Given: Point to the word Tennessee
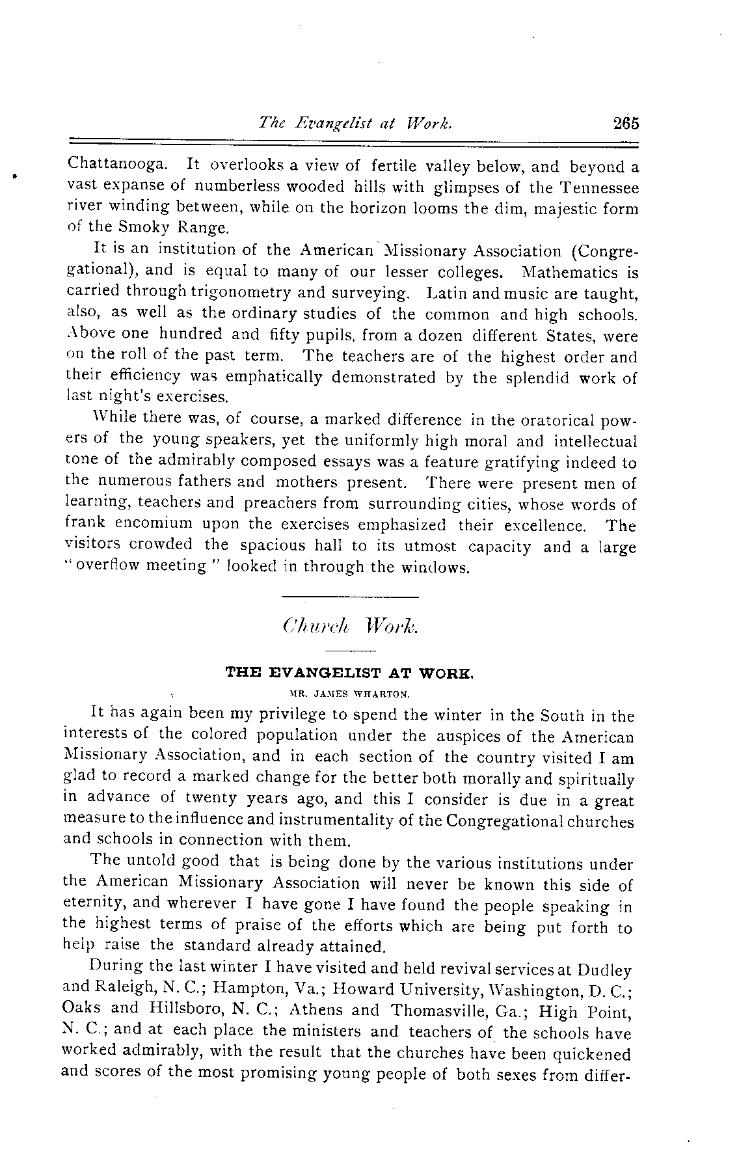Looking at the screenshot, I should pos(597,187).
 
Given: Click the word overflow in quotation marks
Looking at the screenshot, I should pos(107,566).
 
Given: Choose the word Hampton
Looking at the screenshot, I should pos(254,990).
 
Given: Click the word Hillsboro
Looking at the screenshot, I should pos(185,1011).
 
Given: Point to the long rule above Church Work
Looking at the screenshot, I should pos(350,597).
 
